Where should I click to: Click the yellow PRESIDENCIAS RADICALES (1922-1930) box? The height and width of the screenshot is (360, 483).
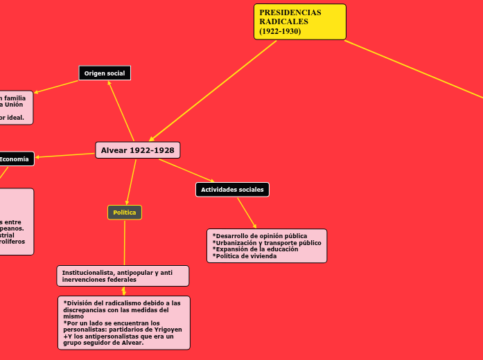point(299,21)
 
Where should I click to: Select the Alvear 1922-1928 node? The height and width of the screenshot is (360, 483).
point(137,150)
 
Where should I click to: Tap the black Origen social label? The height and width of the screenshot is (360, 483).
point(104,73)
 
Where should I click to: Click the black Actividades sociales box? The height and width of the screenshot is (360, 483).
point(232,189)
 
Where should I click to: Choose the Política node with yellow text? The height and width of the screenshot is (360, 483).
point(125,213)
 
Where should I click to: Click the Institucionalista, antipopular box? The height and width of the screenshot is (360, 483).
point(122,276)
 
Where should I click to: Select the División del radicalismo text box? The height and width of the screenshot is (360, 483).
point(124,323)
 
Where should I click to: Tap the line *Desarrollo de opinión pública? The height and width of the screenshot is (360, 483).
point(260,236)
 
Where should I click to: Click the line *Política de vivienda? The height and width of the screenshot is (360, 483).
point(245,256)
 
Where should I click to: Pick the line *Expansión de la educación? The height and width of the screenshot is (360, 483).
point(255,249)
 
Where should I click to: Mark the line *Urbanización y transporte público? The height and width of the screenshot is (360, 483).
point(267,243)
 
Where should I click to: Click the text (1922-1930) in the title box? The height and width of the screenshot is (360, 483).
point(280,31)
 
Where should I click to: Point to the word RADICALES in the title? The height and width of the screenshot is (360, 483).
point(284,21)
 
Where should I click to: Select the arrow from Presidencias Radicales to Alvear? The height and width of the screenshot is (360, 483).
point(213,91)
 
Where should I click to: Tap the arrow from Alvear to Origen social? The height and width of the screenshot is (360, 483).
point(122,111)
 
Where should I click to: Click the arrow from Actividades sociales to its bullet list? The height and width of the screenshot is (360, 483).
point(247,213)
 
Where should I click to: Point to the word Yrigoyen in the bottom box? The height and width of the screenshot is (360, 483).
point(168,330)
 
